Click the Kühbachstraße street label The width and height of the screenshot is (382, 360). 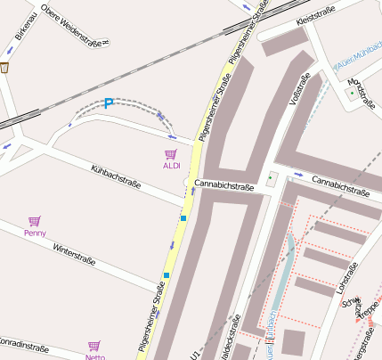point(117,175)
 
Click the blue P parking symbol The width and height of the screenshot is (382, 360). point(109,103)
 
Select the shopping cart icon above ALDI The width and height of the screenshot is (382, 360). point(171,154)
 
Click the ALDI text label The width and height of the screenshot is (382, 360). point(171,166)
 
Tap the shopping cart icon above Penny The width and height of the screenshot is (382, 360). point(35,221)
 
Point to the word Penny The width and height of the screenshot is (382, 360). point(35,233)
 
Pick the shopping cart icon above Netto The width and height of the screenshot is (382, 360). point(94,346)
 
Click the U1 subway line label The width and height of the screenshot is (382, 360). point(195,354)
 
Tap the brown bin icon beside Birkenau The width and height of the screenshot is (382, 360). point(4,67)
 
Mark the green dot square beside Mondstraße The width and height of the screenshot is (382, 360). point(349,92)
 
